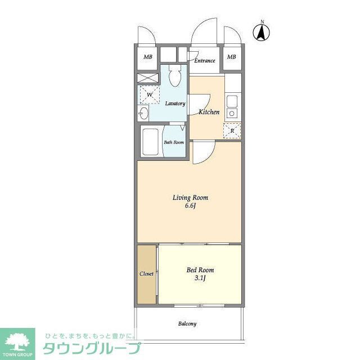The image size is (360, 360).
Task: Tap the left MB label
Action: tap(147, 57)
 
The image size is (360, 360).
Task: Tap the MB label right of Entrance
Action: tap(231, 57)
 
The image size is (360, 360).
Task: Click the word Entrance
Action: tap(205, 61)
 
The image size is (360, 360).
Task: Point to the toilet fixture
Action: tap(174, 76)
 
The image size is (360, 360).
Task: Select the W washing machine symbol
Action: tap(149, 94)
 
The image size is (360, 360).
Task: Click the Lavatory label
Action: tap(175, 103)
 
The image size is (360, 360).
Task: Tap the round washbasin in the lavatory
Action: tap(144, 114)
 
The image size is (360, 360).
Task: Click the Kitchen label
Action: tap(209, 112)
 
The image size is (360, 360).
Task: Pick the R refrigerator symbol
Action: tap(232, 131)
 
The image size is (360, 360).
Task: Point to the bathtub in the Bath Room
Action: tap(151, 142)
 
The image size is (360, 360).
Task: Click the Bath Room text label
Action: tap(174, 142)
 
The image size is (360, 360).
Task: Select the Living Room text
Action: tap(190, 197)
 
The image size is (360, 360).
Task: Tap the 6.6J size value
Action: tap(190, 206)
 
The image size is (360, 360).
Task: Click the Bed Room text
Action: tap(200, 270)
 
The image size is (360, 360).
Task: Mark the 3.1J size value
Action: tap(200, 278)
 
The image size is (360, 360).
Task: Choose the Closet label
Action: tap(146, 274)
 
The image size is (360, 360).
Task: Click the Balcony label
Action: tap(187, 324)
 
